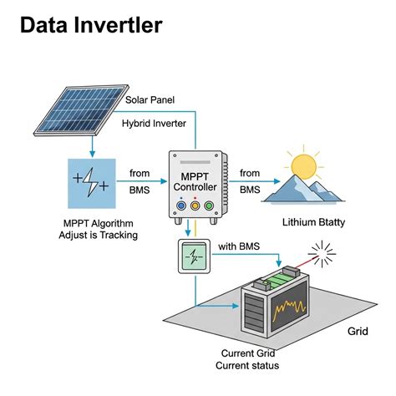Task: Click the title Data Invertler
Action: pyautogui.click(x=91, y=25)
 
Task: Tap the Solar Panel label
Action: pyautogui.click(x=150, y=100)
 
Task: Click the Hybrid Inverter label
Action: pyautogui.click(x=154, y=124)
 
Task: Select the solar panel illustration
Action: pyautogui.click(x=81, y=110)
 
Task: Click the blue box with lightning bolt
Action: pyautogui.click(x=92, y=184)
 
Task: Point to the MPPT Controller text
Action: pyautogui.click(x=195, y=182)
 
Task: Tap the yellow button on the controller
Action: pyautogui.click(x=195, y=206)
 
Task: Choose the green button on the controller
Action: pyautogui.click(x=209, y=206)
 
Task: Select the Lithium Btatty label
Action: pyautogui.click(x=313, y=222)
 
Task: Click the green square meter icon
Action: pyautogui.click(x=194, y=256)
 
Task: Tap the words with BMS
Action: pyautogui.click(x=239, y=246)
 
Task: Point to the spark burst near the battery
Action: pyautogui.click(x=322, y=254)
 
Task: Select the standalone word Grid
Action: pyautogui.click(x=358, y=331)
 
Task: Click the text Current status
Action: pyautogui.click(x=247, y=366)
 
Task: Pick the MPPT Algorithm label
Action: pyautogui.click(x=99, y=223)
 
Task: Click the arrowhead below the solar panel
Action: pyautogui.click(x=93, y=154)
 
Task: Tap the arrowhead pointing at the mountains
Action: pyautogui.click(x=277, y=181)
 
